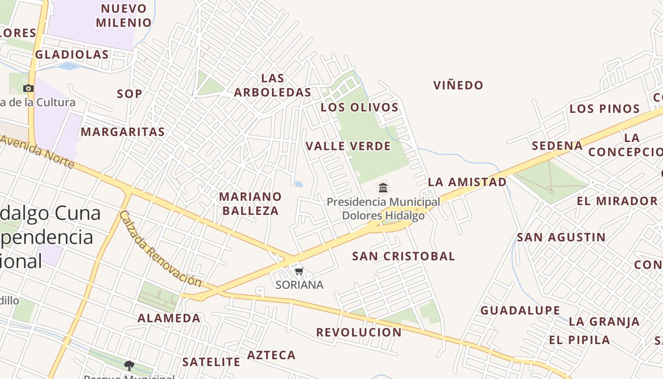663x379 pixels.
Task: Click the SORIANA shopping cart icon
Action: [299, 271]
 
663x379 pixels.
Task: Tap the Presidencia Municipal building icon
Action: [383, 188]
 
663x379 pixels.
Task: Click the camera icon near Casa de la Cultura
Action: [28, 88]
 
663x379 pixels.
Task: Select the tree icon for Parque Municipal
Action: [129, 365]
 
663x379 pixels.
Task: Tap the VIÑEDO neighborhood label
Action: [458, 85]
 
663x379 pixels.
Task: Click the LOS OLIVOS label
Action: [359, 107]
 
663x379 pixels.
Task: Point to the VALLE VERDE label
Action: [348, 146]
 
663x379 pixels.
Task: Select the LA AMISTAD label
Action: [467, 182]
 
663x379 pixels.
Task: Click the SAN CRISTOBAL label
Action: [403, 256]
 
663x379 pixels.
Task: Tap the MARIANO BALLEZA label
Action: [251, 203]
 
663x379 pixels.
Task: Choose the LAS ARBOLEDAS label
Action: [273, 85]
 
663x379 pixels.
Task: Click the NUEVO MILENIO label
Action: [124, 15]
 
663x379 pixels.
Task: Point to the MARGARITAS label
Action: [123, 132]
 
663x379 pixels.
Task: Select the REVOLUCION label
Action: [358, 332]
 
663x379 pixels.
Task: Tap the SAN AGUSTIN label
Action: [561, 237]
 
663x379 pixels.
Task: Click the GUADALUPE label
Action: [520, 311]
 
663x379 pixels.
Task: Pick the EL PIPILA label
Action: [579, 340]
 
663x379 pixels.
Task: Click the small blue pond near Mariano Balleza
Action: [299, 184]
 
